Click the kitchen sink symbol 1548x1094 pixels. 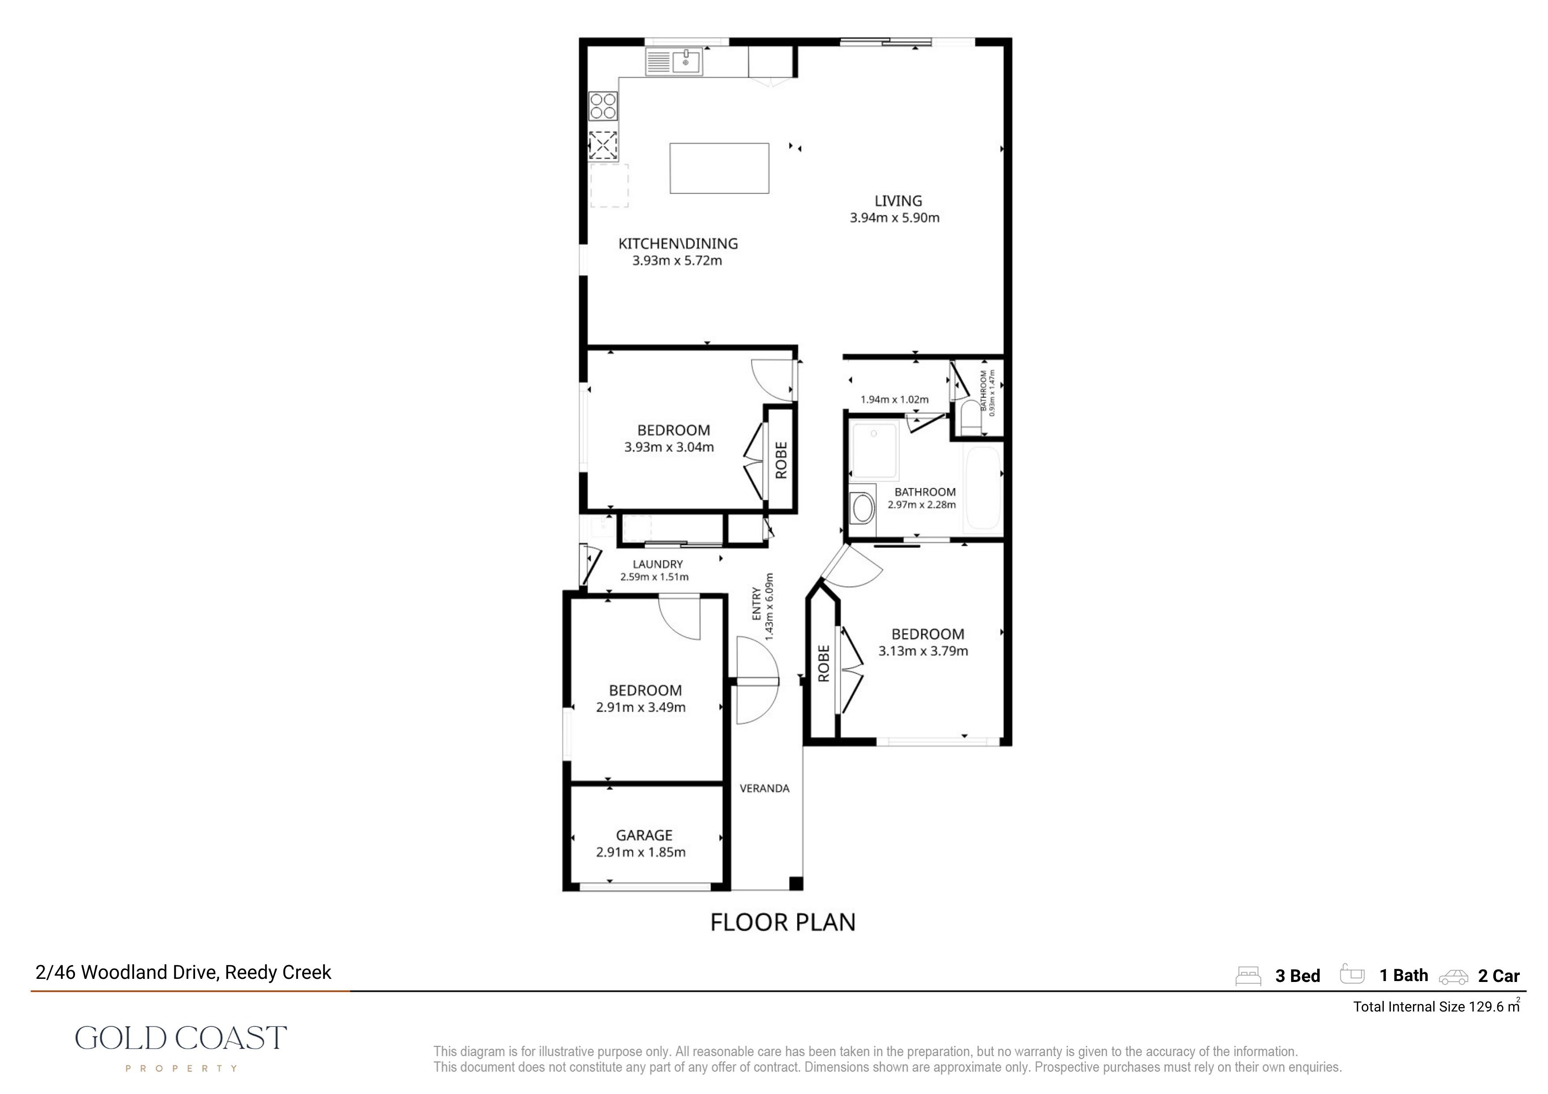click(x=673, y=61)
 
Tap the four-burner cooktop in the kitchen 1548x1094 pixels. click(x=603, y=106)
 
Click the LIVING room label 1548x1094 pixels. click(x=898, y=201)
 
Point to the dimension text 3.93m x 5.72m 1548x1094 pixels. click(x=677, y=261)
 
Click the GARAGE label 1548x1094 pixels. click(x=644, y=835)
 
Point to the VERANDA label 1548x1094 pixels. click(x=765, y=788)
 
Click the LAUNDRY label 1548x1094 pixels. click(x=658, y=564)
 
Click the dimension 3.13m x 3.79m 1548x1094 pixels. click(x=923, y=651)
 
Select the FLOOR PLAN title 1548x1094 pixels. click(x=783, y=922)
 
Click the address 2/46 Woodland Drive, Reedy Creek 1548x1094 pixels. click(x=184, y=973)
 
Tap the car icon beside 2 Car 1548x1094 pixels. click(x=1454, y=977)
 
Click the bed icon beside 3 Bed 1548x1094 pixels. click(x=1248, y=976)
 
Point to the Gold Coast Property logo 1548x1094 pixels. click(x=180, y=1048)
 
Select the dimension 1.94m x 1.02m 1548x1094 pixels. click(x=894, y=400)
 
